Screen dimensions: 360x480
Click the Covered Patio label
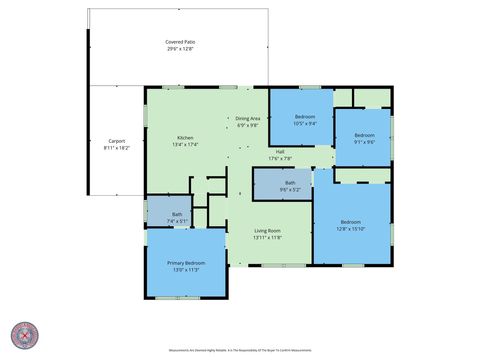pos(180,41)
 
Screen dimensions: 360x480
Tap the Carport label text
pos(117,141)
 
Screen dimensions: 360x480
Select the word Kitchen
pos(185,137)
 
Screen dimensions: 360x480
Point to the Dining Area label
pos(248,118)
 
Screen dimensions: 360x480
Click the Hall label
pos(280,151)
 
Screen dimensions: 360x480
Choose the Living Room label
pos(267,231)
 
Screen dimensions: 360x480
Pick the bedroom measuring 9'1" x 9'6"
pos(364,138)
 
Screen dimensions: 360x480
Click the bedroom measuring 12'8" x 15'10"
pos(350,224)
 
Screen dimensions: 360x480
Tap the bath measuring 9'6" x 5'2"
pos(290,185)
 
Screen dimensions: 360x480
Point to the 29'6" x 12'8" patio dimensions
pos(180,48)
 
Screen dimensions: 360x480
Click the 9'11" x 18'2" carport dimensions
pos(117,148)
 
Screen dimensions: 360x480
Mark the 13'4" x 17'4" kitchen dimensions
pos(185,144)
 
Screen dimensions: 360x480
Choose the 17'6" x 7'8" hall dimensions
pos(280,158)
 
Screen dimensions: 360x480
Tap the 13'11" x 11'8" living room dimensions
pos(267,238)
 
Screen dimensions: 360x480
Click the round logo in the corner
pos(25,335)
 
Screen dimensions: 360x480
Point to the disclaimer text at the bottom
pos(240,349)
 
